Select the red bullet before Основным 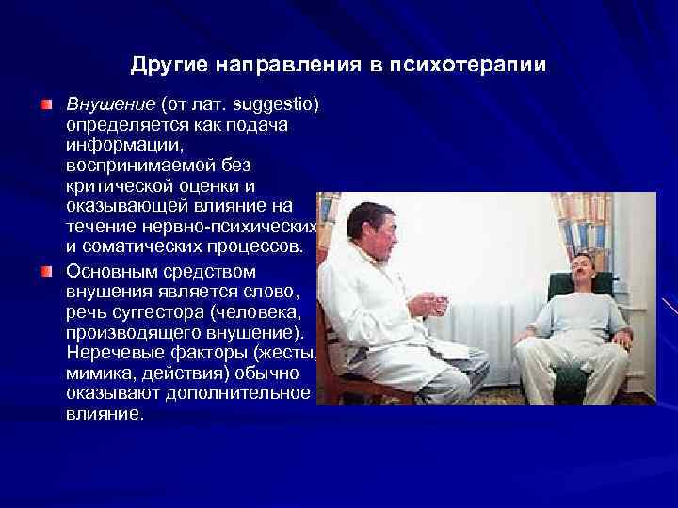46,271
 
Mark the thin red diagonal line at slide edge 670,307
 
